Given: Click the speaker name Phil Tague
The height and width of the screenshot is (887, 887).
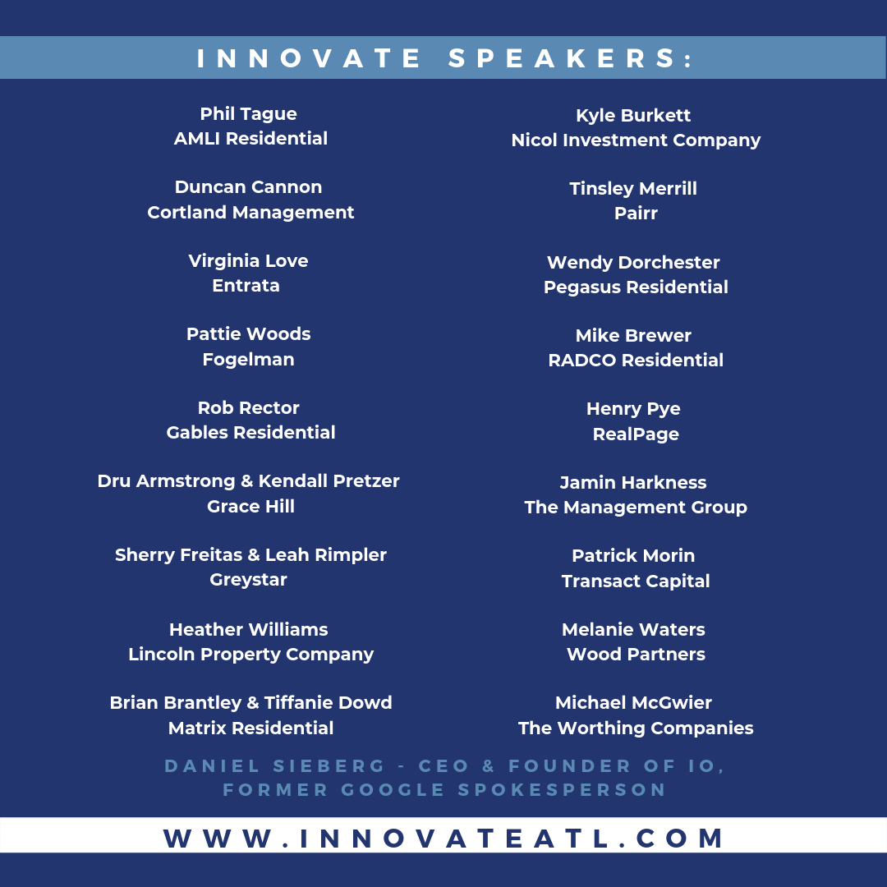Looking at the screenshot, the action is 248,114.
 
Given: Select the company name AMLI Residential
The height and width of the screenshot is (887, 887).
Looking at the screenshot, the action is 250,139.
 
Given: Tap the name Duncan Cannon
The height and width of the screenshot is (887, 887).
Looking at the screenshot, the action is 248,187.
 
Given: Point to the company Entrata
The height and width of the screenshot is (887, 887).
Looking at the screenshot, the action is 246,286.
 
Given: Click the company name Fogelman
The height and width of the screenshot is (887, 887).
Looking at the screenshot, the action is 248,360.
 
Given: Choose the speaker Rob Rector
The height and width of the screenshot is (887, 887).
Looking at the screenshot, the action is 248,408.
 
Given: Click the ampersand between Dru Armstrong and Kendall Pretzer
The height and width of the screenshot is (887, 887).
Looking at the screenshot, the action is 246,481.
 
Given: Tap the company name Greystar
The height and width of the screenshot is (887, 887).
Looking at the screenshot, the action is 248,581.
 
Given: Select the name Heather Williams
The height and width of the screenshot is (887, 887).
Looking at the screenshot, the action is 248,630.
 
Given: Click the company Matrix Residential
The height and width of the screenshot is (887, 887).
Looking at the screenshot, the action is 250,728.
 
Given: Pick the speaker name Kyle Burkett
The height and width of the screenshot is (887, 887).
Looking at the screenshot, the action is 633,116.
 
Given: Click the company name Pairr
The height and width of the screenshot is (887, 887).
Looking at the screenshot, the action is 636,214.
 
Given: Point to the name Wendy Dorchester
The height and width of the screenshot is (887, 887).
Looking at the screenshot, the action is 633,263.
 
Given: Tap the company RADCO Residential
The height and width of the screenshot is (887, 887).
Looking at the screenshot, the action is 636,361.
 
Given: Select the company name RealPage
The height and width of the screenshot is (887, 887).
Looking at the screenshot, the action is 636,434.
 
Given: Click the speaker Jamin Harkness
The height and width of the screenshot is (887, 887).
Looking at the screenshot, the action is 633,483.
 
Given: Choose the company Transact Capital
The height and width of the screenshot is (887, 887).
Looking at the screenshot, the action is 636,581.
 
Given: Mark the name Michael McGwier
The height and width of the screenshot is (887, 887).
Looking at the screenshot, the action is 633,703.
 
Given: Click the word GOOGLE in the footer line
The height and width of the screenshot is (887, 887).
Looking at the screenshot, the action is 393,790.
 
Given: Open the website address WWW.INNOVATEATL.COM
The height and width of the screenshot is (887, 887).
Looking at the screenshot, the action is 443,839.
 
